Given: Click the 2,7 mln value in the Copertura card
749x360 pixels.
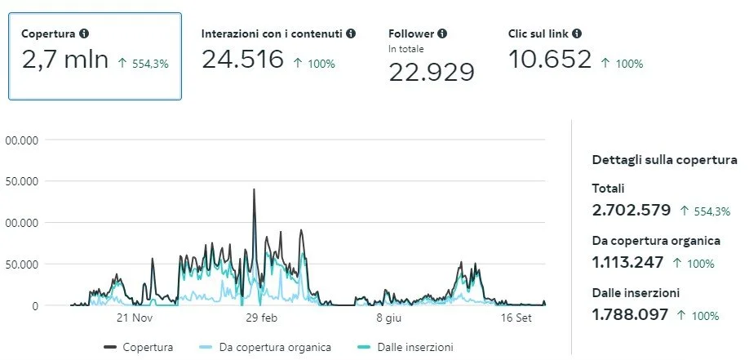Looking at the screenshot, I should pyautogui.click(x=64, y=60).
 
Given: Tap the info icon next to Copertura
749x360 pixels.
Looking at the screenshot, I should pyautogui.click(x=84, y=34).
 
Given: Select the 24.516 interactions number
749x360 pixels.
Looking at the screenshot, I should pyautogui.click(x=242, y=60).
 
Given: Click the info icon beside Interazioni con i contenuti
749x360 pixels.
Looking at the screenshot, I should pyautogui.click(x=351, y=34).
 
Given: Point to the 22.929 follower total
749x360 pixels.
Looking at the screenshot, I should pyautogui.click(x=431, y=73).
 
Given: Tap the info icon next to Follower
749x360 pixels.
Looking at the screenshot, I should pyautogui.click(x=442, y=34).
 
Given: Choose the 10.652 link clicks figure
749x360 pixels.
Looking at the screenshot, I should pyautogui.click(x=550, y=60).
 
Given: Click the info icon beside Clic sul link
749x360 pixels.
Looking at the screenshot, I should pyautogui.click(x=577, y=34).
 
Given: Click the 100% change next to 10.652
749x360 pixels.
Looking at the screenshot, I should pyautogui.click(x=622, y=64).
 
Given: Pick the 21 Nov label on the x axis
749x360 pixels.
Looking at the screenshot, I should pyautogui.click(x=135, y=318).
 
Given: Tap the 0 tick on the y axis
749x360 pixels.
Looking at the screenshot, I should pyautogui.click(x=34, y=305).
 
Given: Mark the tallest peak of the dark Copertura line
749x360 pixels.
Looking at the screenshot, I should pyautogui.click(x=254, y=189).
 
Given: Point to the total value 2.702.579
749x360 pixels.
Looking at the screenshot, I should pyautogui.click(x=632, y=211).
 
